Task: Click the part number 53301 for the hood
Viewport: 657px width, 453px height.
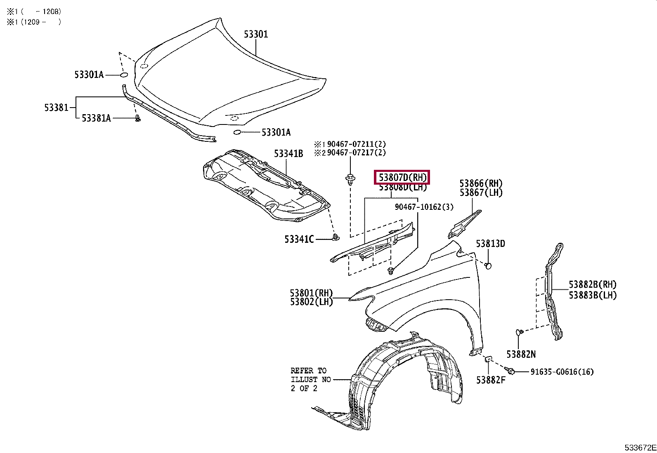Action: tap(255, 34)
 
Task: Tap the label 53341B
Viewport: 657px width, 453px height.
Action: tap(288, 154)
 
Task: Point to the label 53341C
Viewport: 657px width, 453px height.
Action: tap(299, 239)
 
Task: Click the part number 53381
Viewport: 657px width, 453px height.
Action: tap(56, 108)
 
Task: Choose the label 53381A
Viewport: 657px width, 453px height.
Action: tap(96, 118)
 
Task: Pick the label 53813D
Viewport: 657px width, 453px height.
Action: tap(490, 244)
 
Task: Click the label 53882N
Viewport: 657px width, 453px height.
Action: tap(521, 354)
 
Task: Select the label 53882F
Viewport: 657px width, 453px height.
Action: tap(491, 380)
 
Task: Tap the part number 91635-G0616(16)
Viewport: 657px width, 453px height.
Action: tap(562, 372)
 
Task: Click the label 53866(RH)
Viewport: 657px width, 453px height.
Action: tap(481, 183)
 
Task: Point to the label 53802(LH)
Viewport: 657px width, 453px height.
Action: tap(311, 302)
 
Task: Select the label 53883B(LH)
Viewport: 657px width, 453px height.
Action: tap(593, 295)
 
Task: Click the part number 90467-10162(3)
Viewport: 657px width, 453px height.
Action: tap(424, 207)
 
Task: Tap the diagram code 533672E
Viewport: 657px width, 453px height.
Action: tap(640, 448)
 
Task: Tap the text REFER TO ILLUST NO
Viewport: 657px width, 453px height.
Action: tap(310, 375)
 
